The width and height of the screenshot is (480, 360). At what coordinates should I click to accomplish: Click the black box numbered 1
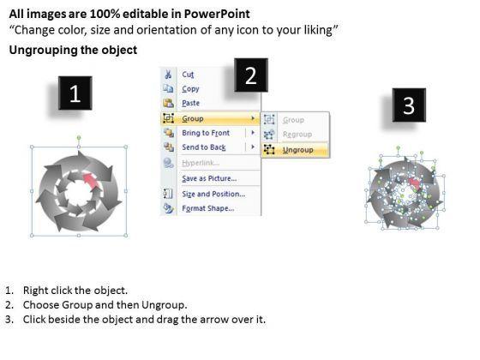click(75, 93)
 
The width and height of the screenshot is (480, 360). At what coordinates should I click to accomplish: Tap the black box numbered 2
click(251, 75)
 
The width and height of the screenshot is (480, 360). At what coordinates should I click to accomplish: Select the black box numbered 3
click(409, 105)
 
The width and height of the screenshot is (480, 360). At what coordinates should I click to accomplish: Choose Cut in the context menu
click(188, 75)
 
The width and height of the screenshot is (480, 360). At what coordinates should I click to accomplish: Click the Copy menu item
click(190, 89)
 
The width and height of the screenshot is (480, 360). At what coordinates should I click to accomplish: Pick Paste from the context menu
click(190, 103)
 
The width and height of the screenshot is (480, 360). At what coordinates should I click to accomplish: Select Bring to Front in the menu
click(206, 133)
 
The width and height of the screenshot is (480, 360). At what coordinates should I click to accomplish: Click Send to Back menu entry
click(204, 147)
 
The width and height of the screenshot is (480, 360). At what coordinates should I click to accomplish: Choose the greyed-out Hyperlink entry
click(201, 163)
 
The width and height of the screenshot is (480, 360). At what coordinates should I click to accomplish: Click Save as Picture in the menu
click(209, 178)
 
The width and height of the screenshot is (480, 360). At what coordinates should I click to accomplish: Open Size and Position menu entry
click(213, 194)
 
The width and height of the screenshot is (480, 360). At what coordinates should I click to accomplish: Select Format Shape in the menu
click(207, 208)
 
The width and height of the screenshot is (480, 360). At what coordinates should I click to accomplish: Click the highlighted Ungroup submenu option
click(298, 150)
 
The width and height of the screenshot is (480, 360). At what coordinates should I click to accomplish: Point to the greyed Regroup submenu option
click(297, 135)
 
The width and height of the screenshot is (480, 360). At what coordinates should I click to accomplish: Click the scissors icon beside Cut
click(168, 75)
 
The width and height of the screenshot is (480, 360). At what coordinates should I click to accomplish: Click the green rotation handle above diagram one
click(79, 137)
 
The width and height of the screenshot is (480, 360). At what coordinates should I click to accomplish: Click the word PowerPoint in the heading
click(217, 14)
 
